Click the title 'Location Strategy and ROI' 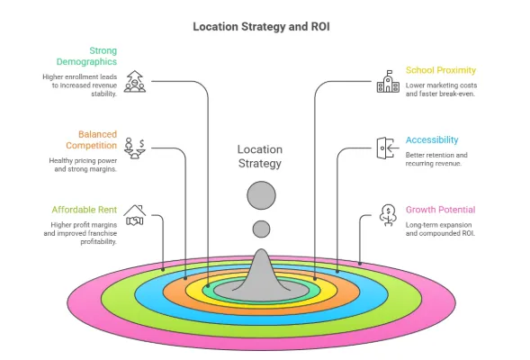(x=261, y=26)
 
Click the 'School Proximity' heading (x=440, y=70)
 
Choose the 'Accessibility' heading (x=431, y=140)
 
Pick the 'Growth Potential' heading (x=440, y=210)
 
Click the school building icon (x=387, y=83)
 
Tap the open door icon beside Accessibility (x=386, y=148)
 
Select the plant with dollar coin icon (x=388, y=216)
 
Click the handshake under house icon (x=135, y=216)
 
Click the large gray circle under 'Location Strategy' (x=261, y=195)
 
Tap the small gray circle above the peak (x=261, y=229)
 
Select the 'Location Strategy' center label (x=259, y=157)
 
